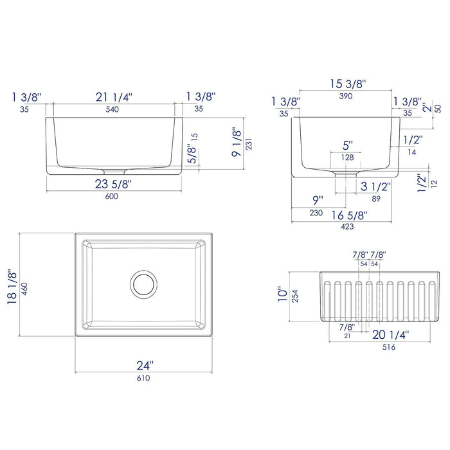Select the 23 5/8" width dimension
(x=113, y=184)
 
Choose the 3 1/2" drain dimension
(x=376, y=188)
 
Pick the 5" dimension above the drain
(x=347, y=146)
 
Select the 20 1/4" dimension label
(x=390, y=334)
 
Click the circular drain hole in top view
(x=144, y=283)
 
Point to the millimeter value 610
(x=143, y=378)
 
